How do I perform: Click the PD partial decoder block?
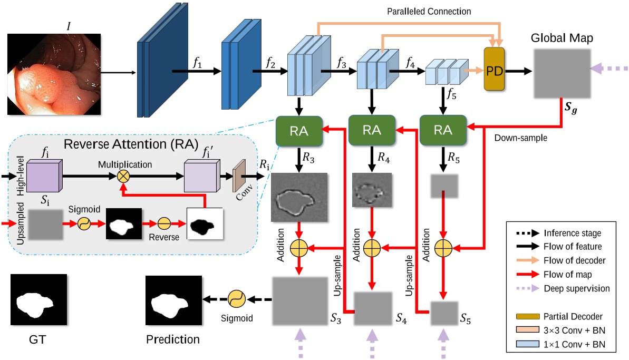(x=494, y=71)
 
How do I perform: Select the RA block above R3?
(x=299, y=130)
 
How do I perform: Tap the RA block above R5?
(x=442, y=130)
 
